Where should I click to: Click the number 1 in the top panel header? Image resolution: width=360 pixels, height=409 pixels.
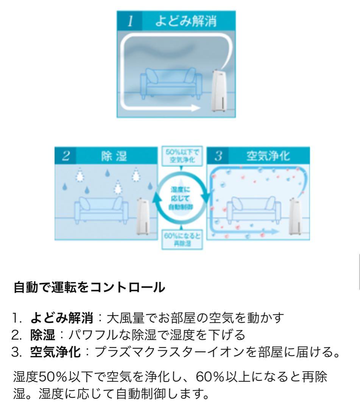[130, 22]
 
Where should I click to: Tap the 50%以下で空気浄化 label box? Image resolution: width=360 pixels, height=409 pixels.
[181, 155]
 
